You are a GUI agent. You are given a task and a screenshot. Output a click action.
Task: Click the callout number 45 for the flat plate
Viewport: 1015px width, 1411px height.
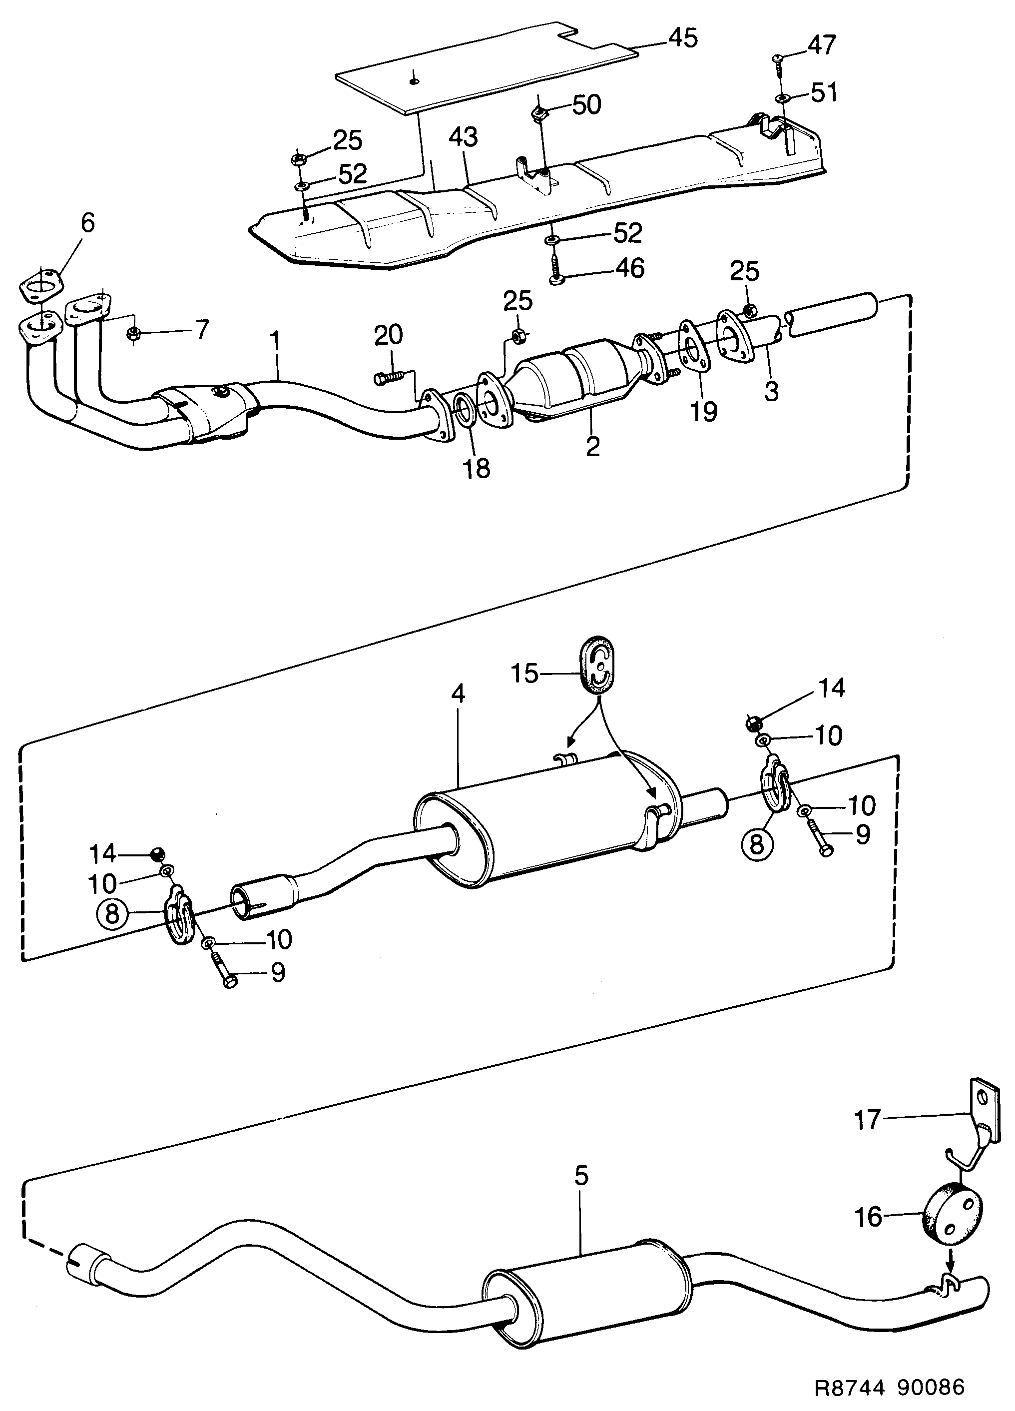(682, 38)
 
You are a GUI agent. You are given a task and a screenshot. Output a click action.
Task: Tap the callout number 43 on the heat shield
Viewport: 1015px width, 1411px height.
(464, 137)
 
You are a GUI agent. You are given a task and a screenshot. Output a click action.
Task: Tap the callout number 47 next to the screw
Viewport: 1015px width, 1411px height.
(822, 45)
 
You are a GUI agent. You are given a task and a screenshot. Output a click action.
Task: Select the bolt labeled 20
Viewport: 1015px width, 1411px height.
(389, 377)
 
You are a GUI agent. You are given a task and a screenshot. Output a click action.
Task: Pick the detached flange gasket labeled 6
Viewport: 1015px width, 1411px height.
(41, 287)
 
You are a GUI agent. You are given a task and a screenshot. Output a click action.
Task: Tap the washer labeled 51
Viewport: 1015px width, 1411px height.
(781, 98)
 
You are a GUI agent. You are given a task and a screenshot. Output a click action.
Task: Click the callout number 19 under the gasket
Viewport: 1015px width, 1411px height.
(703, 411)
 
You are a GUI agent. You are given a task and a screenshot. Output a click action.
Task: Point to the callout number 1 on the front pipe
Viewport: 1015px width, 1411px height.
(274, 342)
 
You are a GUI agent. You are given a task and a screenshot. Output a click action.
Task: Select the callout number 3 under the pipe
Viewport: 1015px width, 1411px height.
(771, 392)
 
